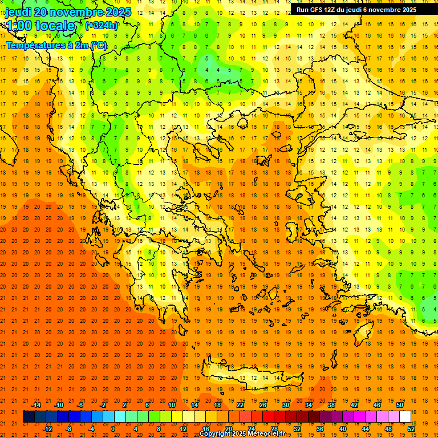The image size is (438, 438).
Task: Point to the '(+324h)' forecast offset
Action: click(102, 25)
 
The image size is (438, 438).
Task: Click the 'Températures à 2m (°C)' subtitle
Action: click(56, 45)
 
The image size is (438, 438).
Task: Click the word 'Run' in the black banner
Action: click(303, 10)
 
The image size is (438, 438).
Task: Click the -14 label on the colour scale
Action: click(36, 405)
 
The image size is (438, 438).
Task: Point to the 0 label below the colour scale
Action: click(112, 428)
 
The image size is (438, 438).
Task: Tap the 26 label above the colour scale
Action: click(263, 405)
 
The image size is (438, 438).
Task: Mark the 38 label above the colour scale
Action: click(331, 405)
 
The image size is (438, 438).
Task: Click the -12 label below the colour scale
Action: click(47, 428)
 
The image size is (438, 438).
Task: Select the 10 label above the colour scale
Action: click(172, 405)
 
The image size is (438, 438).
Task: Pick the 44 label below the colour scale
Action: click(366, 428)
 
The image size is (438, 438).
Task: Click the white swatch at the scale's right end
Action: click(405, 416)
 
